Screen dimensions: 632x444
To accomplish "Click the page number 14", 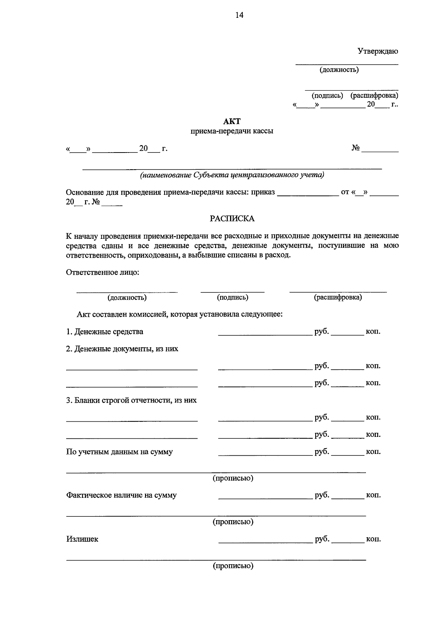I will click(239, 15).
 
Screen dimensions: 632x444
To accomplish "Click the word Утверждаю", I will click(377, 51).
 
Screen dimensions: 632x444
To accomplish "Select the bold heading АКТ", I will click(232, 121).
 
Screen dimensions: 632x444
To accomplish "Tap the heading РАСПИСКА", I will click(232, 219).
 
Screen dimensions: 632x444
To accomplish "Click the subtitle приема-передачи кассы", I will click(232, 131).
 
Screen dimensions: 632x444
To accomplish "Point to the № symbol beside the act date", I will click(356, 148).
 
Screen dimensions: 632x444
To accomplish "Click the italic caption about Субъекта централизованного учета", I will click(232, 175).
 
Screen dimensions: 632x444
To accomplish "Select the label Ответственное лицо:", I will click(102, 272).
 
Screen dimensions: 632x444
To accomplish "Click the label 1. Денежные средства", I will click(105, 332).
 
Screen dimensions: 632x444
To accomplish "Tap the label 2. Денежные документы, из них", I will click(122, 349).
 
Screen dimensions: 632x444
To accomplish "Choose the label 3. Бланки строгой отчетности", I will click(131, 400).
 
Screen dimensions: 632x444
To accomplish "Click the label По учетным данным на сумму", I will click(119, 452).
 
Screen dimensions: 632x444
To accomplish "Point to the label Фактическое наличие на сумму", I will click(121, 495).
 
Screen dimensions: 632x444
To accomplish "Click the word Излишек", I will click(82, 539).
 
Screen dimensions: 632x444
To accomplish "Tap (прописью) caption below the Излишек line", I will click(233, 566).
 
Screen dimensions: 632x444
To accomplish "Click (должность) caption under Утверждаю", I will click(339, 70).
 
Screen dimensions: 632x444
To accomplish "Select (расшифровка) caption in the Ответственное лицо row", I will click(338, 297).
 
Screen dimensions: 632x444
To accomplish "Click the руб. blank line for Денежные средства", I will click(265, 333).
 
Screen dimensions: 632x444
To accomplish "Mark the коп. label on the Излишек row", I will click(373, 539).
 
